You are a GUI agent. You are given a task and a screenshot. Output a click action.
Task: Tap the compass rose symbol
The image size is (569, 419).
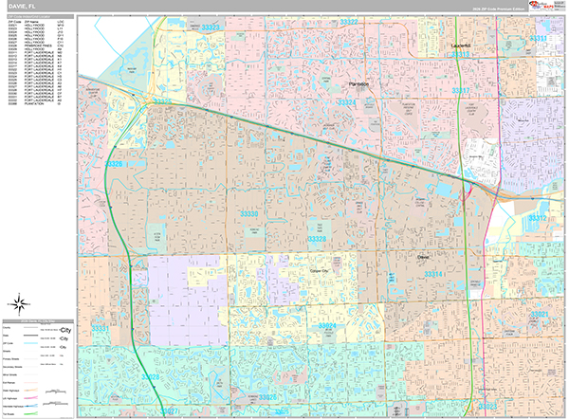(18, 303)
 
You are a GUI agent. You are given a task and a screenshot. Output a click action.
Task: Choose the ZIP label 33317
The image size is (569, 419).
(461, 90)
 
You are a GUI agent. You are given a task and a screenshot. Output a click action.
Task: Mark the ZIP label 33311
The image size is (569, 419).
(538, 39)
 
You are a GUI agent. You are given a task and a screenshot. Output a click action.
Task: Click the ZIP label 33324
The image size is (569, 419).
(347, 101)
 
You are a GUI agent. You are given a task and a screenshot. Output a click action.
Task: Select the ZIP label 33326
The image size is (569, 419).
(114, 164)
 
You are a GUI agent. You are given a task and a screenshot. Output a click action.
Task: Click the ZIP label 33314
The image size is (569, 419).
(432, 274)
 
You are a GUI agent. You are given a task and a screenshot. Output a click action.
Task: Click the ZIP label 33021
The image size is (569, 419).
(539, 314)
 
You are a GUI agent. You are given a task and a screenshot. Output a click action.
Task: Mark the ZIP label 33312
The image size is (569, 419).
(538, 218)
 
